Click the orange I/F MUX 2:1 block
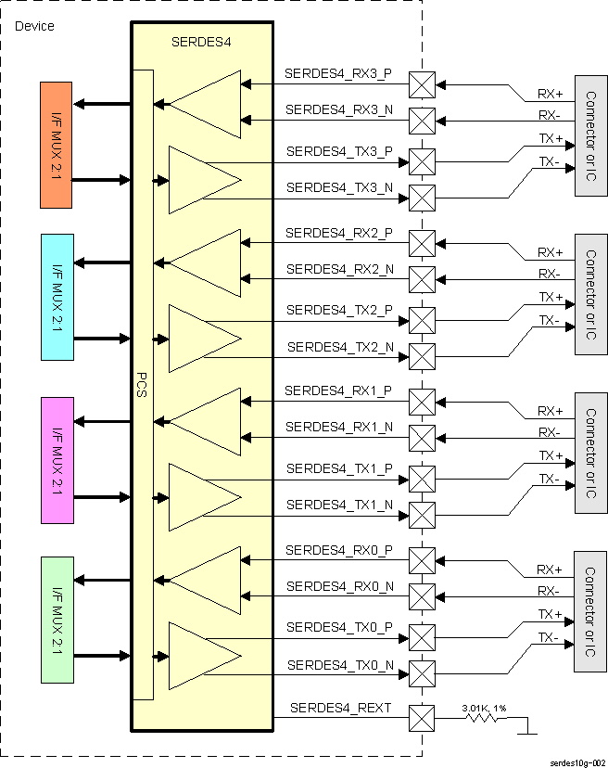pos(57,144)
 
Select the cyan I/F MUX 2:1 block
pos(57,297)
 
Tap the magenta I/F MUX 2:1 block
pos(57,460)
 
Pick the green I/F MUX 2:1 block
pos(57,619)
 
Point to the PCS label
pos(142,386)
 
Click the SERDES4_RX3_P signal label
pos(338,72)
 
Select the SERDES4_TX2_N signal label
pos(340,347)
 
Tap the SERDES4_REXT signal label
pos(340,709)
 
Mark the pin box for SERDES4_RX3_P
pos(422,84)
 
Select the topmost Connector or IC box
pos(590,135)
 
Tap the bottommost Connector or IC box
pos(590,611)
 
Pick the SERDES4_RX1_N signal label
pos(338,427)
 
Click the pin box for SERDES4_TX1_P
pos(422,479)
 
